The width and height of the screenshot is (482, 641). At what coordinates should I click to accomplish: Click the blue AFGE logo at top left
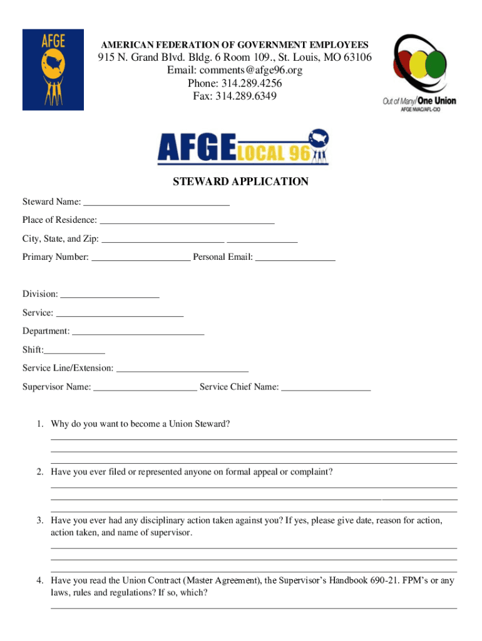[x=53, y=69]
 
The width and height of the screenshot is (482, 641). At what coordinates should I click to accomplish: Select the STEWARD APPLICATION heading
[x=240, y=182]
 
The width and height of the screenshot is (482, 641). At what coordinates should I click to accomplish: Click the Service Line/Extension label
[x=68, y=368]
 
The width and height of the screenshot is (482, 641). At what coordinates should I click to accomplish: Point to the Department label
[x=46, y=331]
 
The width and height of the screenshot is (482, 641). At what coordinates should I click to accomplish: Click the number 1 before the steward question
[x=39, y=424]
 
